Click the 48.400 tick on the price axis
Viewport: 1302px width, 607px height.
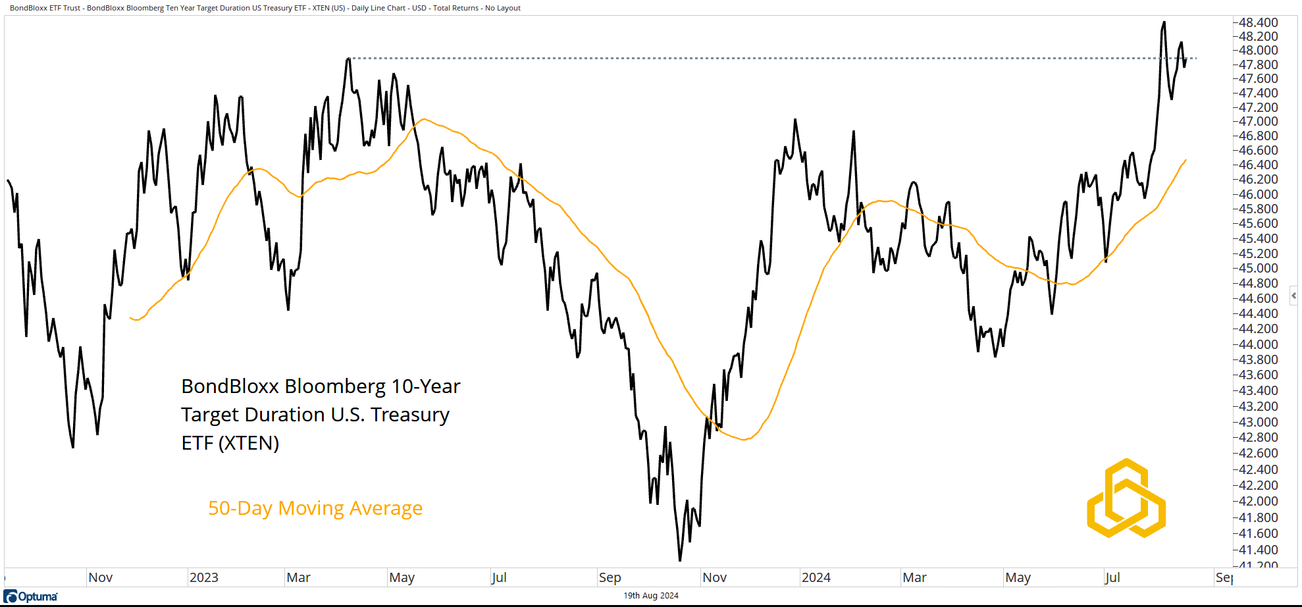pyautogui.click(x=1258, y=22)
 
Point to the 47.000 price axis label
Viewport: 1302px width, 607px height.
pyautogui.click(x=1258, y=121)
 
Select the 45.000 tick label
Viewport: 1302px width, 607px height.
pyautogui.click(x=1258, y=268)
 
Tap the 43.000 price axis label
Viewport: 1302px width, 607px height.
pyautogui.click(x=1258, y=422)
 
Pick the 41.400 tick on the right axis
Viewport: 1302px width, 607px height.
pyautogui.click(x=1258, y=550)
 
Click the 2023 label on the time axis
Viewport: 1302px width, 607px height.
pyautogui.click(x=203, y=577)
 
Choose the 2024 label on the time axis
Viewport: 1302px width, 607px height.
pyautogui.click(x=816, y=577)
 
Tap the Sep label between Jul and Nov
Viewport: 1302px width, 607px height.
pyautogui.click(x=610, y=577)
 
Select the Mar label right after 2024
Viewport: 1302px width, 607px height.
pyautogui.click(x=914, y=577)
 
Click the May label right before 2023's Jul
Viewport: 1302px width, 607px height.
pyautogui.click(x=402, y=577)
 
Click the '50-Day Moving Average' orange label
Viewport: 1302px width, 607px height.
pyautogui.click(x=315, y=508)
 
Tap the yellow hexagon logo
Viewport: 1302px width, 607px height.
pyautogui.click(x=1126, y=498)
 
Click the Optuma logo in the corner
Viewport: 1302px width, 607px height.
pyautogui.click(x=31, y=596)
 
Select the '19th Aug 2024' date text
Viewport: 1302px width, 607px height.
pyautogui.click(x=650, y=596)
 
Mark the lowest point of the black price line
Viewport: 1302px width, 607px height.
pyautogui.click(x=680, y=560)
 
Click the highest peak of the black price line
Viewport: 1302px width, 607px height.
pyautogui.click(x=1164, y=22)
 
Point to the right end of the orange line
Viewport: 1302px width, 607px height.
pyautogui.click(x=1185, y=160)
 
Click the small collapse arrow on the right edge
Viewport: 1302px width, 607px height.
pyautogui.click(x=1293, y=296)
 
